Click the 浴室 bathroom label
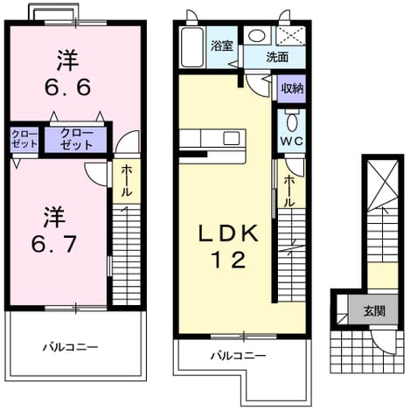[x=222, y=46]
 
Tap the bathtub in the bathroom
[x=192, y=47]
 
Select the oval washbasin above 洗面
[x=257, y=36]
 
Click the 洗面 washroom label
[x=277, y=58]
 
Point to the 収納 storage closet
[x=291, y=88]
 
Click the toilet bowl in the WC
[x=292, y=122]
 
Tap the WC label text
[x=292, y=142]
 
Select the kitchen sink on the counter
[x=232, y=138]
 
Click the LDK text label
[x=228, y=233]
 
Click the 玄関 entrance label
[x=374, y=311]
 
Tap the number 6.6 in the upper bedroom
[x=67, y=87]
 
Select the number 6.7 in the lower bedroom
[x=54, y=244]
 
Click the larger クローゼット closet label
[x=76, y=140]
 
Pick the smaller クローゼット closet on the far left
[x=24, y=139]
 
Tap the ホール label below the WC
[x=289, y=191]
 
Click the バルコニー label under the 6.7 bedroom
[x=71, y=347]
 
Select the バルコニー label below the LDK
[x=239, y=356]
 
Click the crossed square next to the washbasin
[x=290, y=36]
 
